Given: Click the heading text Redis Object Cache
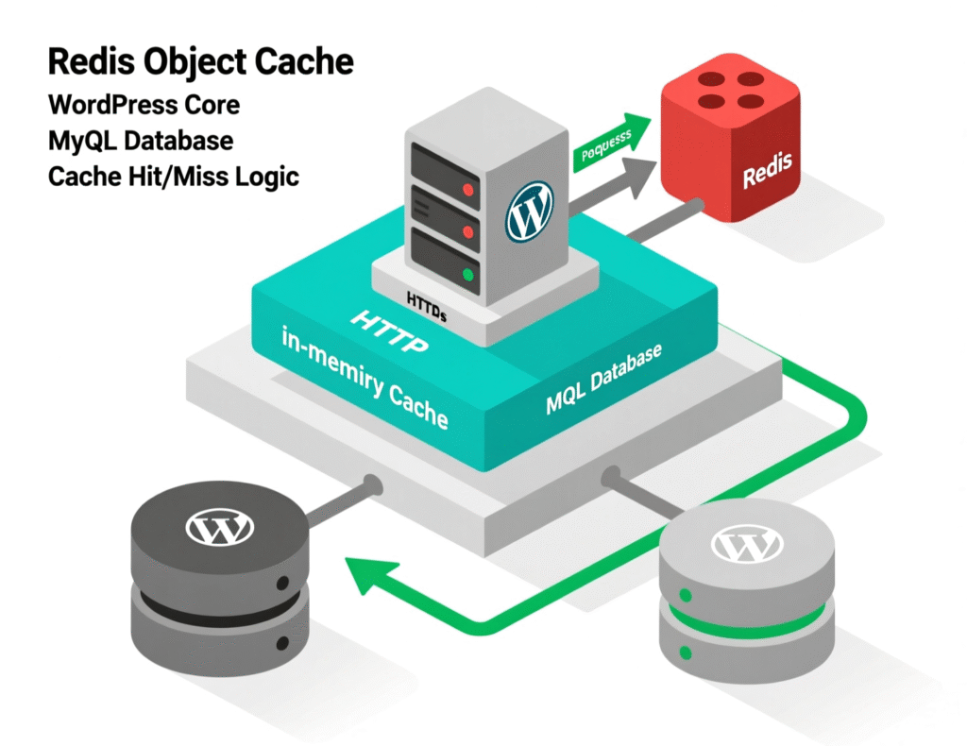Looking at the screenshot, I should pyautogui.click(x=200, y=62).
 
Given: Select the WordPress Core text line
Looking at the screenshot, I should pyautogui.click(x=143, y=103).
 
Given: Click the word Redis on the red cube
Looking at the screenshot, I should pyautogui.click(x=767, y=175).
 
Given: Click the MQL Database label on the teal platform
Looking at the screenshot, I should pyautogui.click(x=604, y=379).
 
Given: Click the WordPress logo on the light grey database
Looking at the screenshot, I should pyautogui.click(x=746, y=544).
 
